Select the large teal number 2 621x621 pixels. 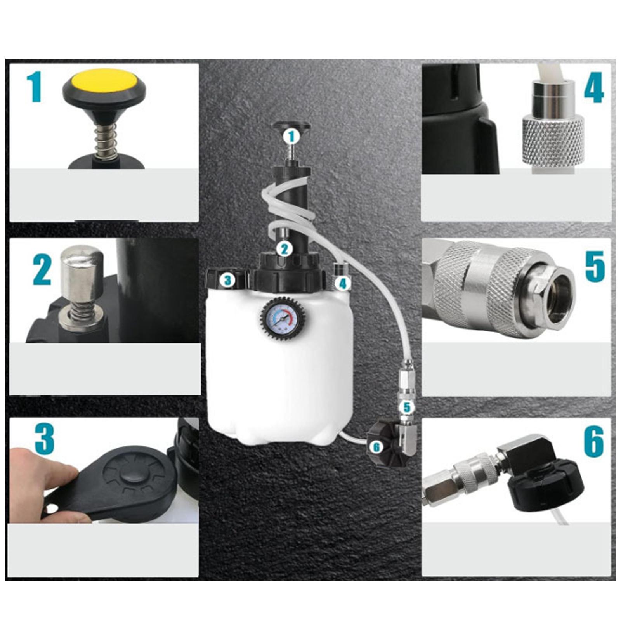42,269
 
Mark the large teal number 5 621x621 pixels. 595,266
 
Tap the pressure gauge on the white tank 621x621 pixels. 280,317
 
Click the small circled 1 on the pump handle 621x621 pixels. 291,137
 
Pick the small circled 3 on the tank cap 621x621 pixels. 228,280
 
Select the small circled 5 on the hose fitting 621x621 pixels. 406,407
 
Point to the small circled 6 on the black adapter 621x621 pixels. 376,448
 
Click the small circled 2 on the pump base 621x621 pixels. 284,249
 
